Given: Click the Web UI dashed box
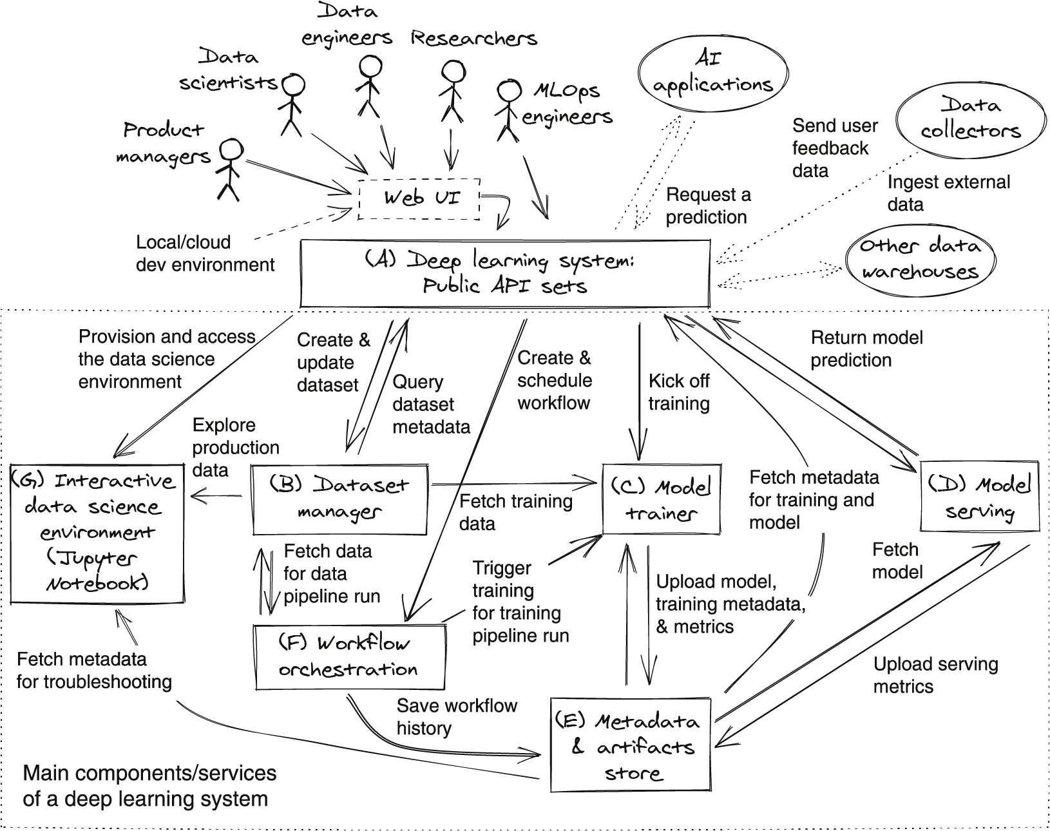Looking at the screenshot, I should coord(419,198).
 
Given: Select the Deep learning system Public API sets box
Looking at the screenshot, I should coord(505,274).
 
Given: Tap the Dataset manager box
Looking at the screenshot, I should coord(339,499).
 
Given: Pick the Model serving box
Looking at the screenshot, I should coord(979,496).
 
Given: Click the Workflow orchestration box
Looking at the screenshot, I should coord(350,657).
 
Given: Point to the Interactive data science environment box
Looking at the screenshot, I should coord(97,533).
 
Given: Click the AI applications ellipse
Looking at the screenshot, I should coord(713,74).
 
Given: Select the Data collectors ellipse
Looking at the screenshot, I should coord(970,119).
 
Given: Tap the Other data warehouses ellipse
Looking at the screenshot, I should coord(920,259).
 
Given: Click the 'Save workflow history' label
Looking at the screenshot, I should coord(457,716).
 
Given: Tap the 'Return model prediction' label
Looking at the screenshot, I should coord(866,349).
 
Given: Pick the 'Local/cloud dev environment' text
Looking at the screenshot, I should coord(205,253).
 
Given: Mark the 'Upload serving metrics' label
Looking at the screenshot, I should coord(935,675).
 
